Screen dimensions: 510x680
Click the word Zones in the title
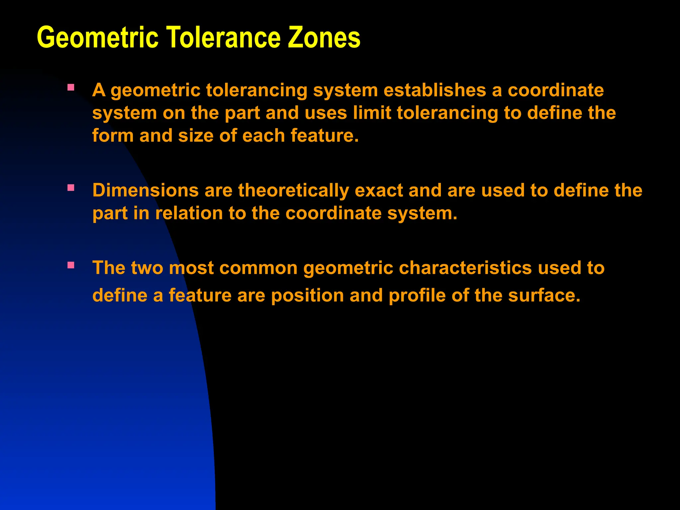[x=324, y=38]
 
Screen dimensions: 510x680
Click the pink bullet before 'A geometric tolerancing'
[x=71, y=88]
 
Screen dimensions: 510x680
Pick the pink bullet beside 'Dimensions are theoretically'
[x=71, y=188]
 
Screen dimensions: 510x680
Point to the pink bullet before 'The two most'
[x=71, y=265]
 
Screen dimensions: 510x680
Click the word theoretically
[x=293, y=191]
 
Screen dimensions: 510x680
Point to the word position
[x=307, y=296]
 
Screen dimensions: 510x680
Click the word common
[x=258, y=268]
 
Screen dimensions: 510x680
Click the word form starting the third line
[x=113, y=136]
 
